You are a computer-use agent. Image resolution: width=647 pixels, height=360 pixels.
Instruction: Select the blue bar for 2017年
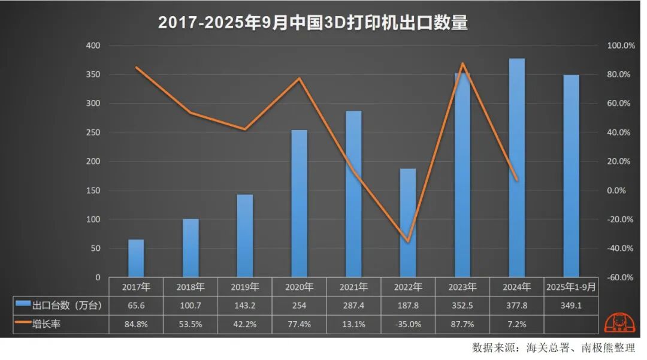click(x=136, y=258)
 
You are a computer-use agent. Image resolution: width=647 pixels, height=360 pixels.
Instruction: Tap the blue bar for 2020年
click(x=299, y=204)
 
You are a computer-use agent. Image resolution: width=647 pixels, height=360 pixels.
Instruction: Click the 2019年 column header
click(x=244, y=287)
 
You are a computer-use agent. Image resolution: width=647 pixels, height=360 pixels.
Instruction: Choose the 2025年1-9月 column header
click(x=571, y=287)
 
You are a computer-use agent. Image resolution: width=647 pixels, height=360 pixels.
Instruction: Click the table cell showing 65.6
click(x=136, y=305)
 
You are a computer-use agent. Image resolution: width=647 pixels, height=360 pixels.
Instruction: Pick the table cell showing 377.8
click(x=516, y=305)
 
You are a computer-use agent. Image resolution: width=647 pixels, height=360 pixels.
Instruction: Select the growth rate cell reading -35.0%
click(x=408, y=325)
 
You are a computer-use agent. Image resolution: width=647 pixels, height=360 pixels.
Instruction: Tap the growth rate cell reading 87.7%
click(x=462, y=325)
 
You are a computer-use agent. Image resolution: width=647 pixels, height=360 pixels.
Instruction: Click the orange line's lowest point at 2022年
click(x=408, y=241)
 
